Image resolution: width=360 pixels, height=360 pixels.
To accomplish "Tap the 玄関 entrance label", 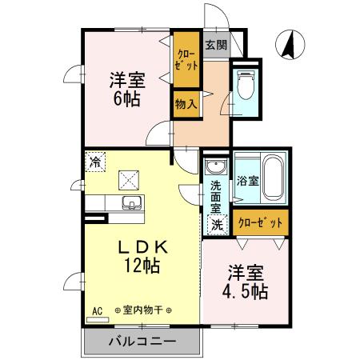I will click(213, 45).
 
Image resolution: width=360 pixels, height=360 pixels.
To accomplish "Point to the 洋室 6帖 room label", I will click(126, 89).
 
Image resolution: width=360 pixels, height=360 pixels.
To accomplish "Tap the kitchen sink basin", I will click(130, 201).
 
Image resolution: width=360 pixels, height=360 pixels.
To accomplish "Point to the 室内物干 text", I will click(148, 310).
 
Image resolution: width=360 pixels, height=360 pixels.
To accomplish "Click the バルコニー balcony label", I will click(142, 344).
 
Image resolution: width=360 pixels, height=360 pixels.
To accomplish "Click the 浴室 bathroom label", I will click(247, 181).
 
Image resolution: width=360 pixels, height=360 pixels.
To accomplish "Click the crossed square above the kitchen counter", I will click(128, 178).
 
